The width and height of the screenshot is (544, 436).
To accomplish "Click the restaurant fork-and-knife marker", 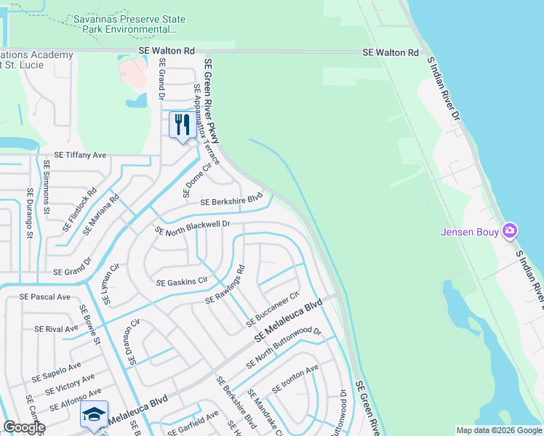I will (181, 124).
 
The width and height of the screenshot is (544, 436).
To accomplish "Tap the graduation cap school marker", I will (94, 414).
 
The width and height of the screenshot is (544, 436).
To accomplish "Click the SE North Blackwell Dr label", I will (193, 227).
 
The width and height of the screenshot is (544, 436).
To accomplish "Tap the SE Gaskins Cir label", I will (182, 280).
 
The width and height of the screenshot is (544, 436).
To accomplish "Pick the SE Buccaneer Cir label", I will (273, 309).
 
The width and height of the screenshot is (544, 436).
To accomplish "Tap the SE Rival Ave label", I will (56, 328).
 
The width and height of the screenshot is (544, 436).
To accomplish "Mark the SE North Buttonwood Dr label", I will (284, 347).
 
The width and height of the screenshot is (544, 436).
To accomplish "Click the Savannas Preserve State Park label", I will (125, 24).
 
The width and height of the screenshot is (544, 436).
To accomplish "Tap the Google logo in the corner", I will (24, 427).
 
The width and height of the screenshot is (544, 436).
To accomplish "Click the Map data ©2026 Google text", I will (498, 430).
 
